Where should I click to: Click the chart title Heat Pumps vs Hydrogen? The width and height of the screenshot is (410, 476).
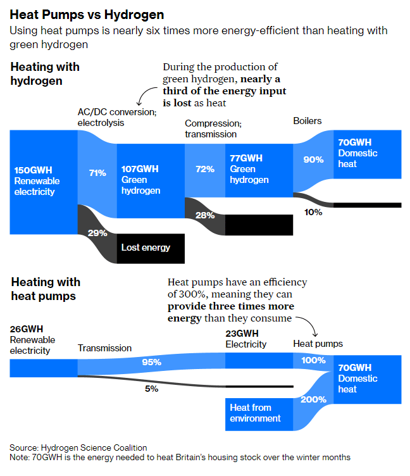pos(87,14)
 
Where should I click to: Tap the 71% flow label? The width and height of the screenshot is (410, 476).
pos(97,173)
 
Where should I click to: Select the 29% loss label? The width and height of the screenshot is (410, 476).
pos(97,233)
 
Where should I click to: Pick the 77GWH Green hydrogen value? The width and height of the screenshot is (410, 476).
pos(247,158)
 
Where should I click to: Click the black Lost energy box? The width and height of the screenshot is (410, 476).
pos(151,247)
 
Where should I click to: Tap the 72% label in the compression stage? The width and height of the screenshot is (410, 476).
pos(204,169)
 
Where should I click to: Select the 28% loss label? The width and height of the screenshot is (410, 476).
pos(204,215)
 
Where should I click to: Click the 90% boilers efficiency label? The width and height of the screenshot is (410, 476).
pos(313,160)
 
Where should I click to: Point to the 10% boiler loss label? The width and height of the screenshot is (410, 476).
pos(313,213)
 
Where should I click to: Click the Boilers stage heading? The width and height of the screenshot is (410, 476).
pos(307,120)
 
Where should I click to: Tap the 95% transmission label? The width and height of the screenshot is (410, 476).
pos(152,362)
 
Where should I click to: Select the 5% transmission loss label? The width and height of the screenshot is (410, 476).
pos(151,389)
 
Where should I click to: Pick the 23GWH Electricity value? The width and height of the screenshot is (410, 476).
pos(242,334)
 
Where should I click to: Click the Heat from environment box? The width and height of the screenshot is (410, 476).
pos(255,413)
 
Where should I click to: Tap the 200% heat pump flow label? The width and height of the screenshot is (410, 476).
pos(313,399)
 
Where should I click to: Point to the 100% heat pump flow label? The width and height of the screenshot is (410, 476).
pos(313,360)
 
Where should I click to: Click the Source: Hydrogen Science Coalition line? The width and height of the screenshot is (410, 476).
pos(78,448)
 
